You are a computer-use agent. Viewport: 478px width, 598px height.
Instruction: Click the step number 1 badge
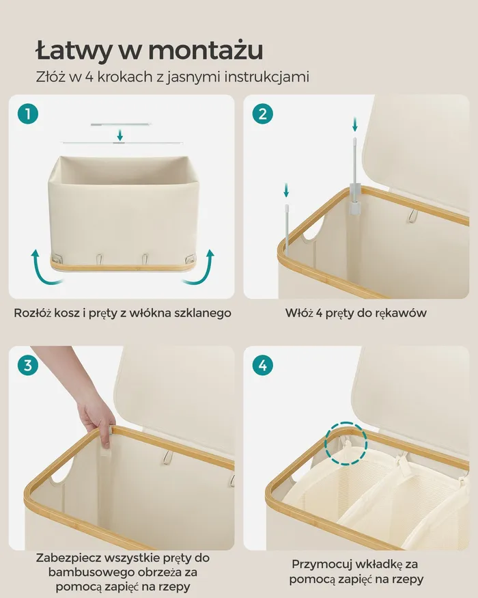pos(28,113)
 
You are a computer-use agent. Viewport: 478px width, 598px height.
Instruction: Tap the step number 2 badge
pos(263,113)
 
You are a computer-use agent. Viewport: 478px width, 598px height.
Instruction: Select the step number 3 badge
pos(28,366)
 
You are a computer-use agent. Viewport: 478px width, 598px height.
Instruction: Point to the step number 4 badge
pos(263,366)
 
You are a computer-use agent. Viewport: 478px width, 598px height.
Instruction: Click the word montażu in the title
pos(206,51)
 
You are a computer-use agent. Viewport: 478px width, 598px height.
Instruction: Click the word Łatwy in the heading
pos(73,51)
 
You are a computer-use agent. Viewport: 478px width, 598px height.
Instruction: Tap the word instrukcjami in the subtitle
pos(266,77)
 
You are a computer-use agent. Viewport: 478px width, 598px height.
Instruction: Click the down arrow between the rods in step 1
pos(120,135)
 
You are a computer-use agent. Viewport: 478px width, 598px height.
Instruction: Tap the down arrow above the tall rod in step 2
pos(355,124)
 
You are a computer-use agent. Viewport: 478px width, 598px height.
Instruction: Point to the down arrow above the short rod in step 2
pos(286,190)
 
